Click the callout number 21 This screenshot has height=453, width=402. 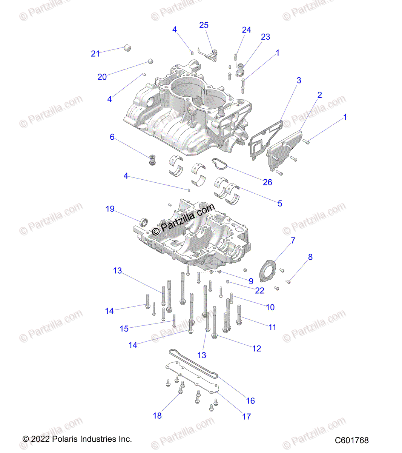point(95,54)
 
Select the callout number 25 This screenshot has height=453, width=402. point(204,25)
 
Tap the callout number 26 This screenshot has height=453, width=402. point(267,182)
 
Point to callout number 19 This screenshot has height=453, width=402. point(110,209)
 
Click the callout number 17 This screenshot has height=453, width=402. point(246,416)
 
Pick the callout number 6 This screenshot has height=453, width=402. point(112,137)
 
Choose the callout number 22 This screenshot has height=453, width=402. point(259,290)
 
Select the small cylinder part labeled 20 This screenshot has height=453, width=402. point(150,61)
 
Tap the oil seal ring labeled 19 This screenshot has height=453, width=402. point(143,222)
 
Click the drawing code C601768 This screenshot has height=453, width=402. point(351,440)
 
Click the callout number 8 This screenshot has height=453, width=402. point(310,257)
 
